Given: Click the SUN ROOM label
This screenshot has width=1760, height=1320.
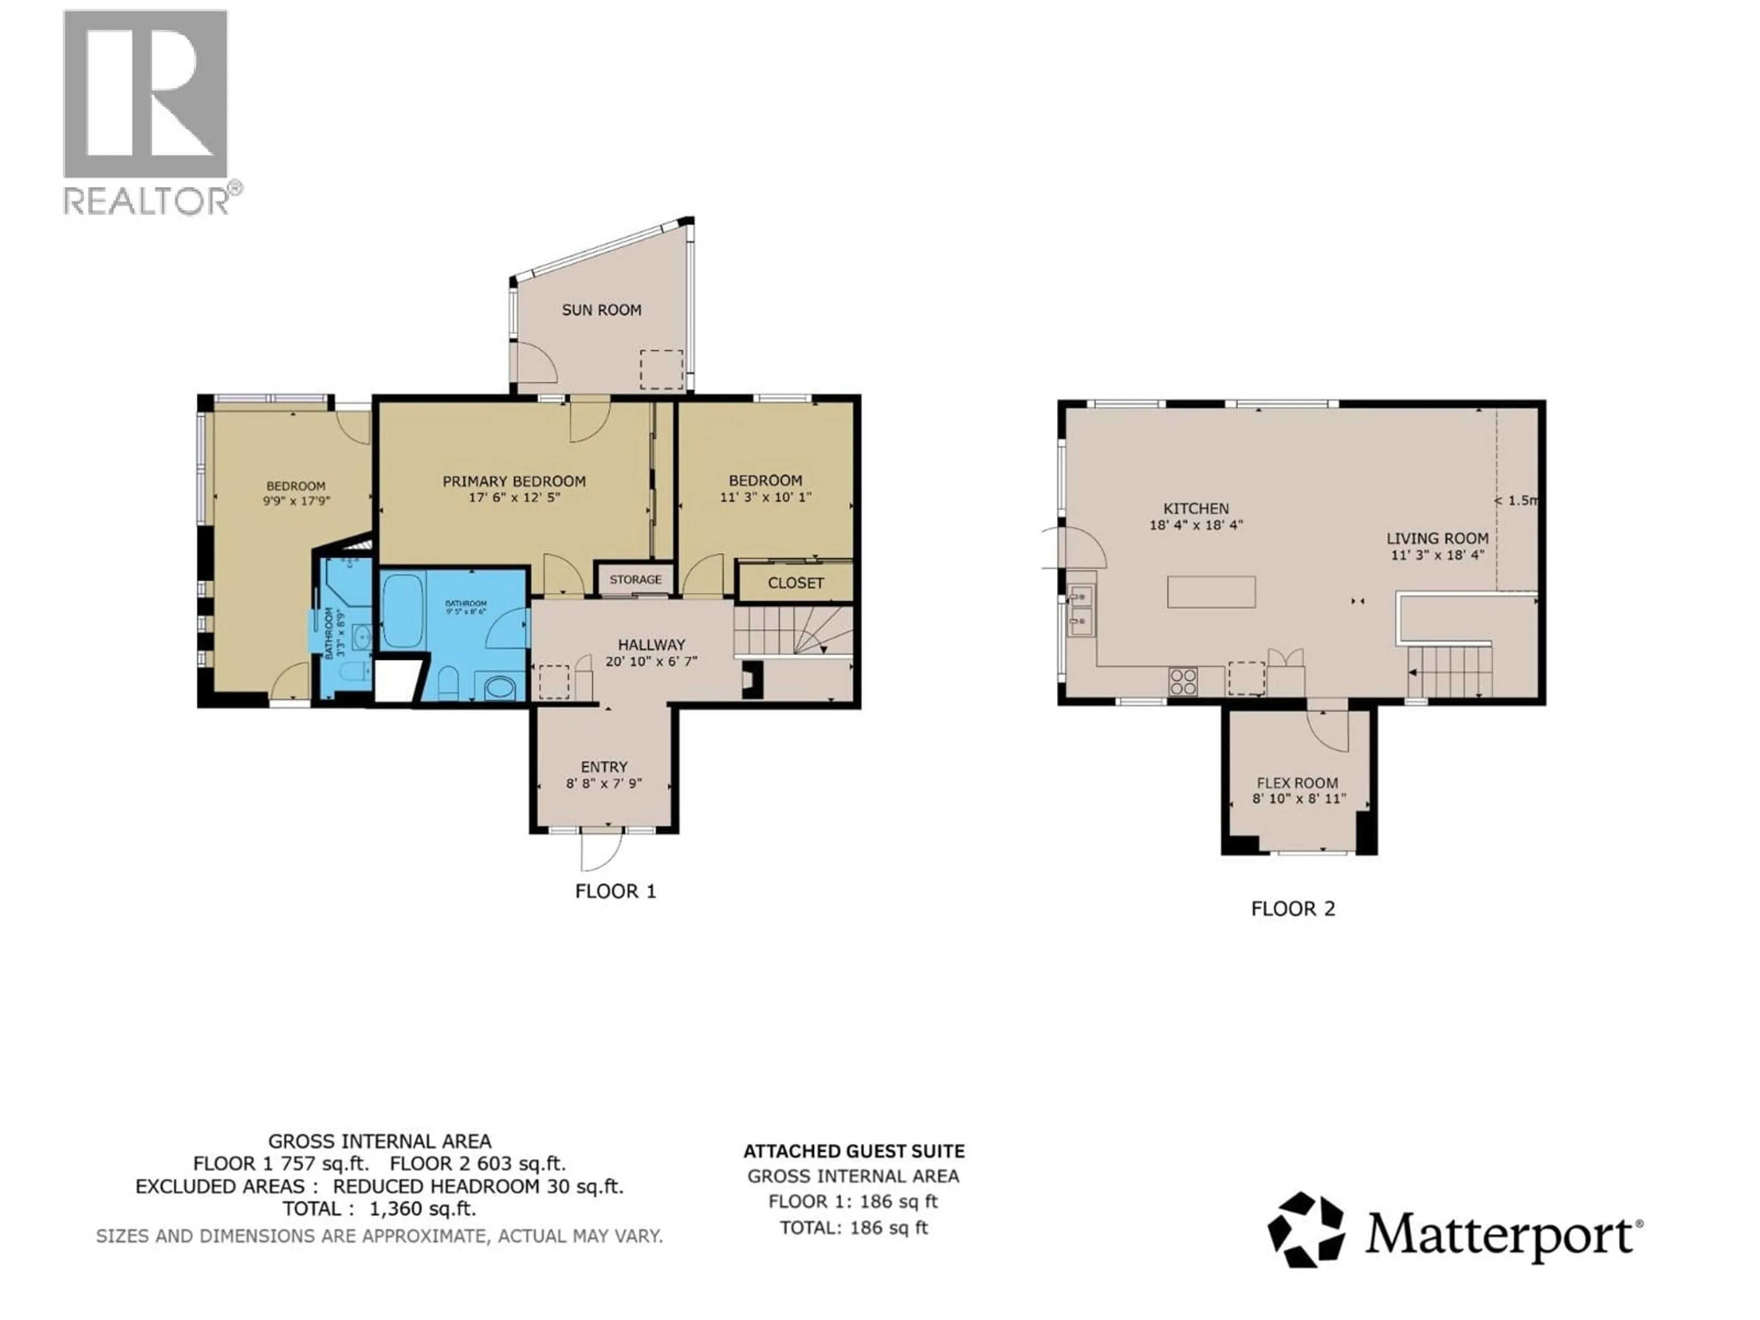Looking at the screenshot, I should (601, 310).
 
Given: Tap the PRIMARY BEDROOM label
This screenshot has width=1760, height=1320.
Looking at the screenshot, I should (514, 481).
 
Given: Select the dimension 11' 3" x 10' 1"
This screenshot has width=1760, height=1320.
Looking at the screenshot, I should (765, 497).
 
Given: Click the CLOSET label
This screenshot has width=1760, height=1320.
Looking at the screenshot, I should (796, 583).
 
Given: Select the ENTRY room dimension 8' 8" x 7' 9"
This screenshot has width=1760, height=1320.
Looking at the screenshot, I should (604, 784).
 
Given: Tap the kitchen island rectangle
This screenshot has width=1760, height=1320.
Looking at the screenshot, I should (1211, 592).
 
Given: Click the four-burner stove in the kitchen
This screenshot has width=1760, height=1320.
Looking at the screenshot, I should (1182, 682).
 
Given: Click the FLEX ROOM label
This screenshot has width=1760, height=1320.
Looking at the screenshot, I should (1298, 783).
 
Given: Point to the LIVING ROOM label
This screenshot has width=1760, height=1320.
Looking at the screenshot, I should (1437, 539).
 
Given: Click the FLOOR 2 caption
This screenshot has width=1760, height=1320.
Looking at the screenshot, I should (1293, 908).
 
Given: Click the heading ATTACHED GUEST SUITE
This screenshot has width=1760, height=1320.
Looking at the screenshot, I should (854, 1151).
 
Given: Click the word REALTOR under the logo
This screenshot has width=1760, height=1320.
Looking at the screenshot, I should (147, 201).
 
